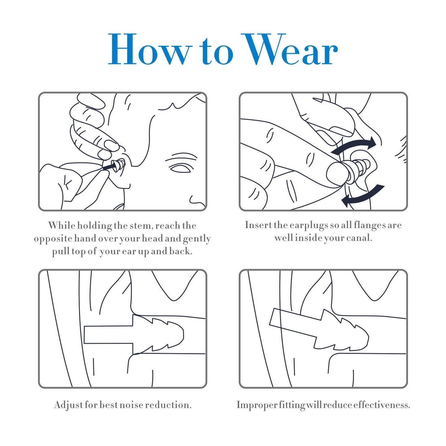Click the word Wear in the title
pos(289,49)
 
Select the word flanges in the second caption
pos(366,225)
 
